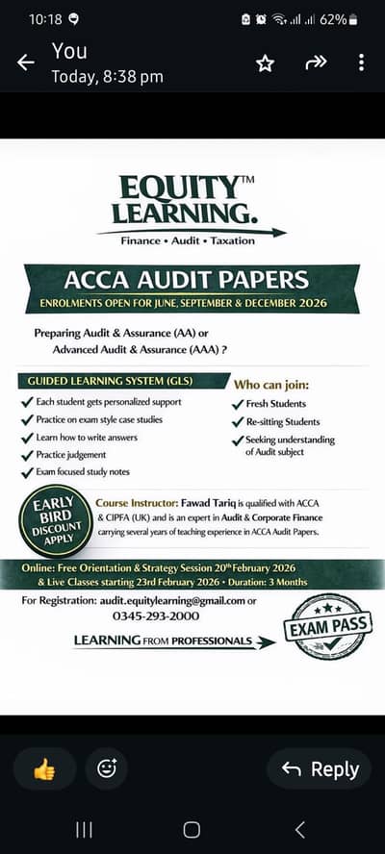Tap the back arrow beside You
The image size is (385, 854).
click(26, 63)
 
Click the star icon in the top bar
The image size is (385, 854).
click(265, 63)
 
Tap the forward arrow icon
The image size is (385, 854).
click(316, 63)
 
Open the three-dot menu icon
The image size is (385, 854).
click(361, 63)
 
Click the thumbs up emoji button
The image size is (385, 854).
click(44, 768)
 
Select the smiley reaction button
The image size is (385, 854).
click(106, 768)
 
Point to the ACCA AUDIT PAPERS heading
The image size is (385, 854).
click(186, 280)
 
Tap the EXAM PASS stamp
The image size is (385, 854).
click(326, 627)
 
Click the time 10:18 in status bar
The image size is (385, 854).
click(44, 19)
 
